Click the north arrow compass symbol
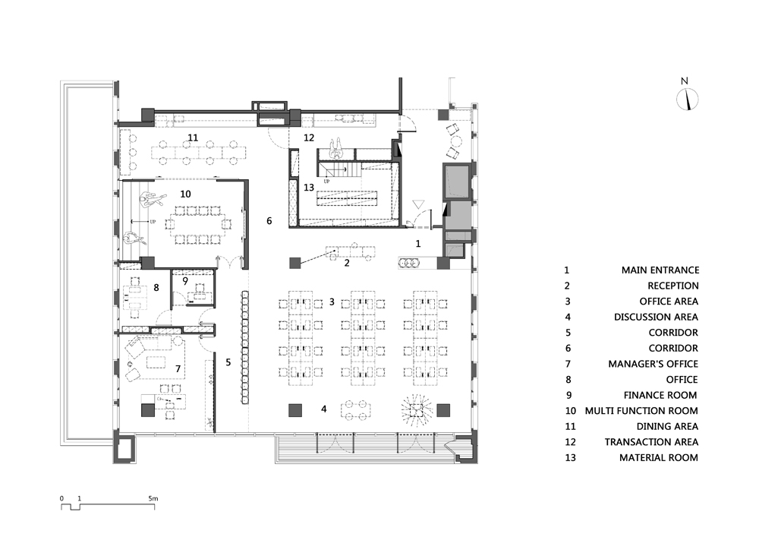point(687,100)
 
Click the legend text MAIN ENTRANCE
point(660,270)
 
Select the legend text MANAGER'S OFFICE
point(653,364)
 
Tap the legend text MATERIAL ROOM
point(659,457)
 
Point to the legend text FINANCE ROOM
point(660,395)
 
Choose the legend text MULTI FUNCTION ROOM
point(641,411)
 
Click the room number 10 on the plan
point(185,194)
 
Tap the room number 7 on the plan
point(178,369)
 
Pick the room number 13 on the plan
point(309,188)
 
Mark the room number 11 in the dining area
point(193,138)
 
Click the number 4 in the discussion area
point(324,409)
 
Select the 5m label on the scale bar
point(153,498)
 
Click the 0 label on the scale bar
point(61,498)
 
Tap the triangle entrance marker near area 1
point(418,204)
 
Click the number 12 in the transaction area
point(309,138)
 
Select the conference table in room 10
point(198,225)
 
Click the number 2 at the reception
point(347,264)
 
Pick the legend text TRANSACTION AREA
point(651,442)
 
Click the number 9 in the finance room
point(185,280)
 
